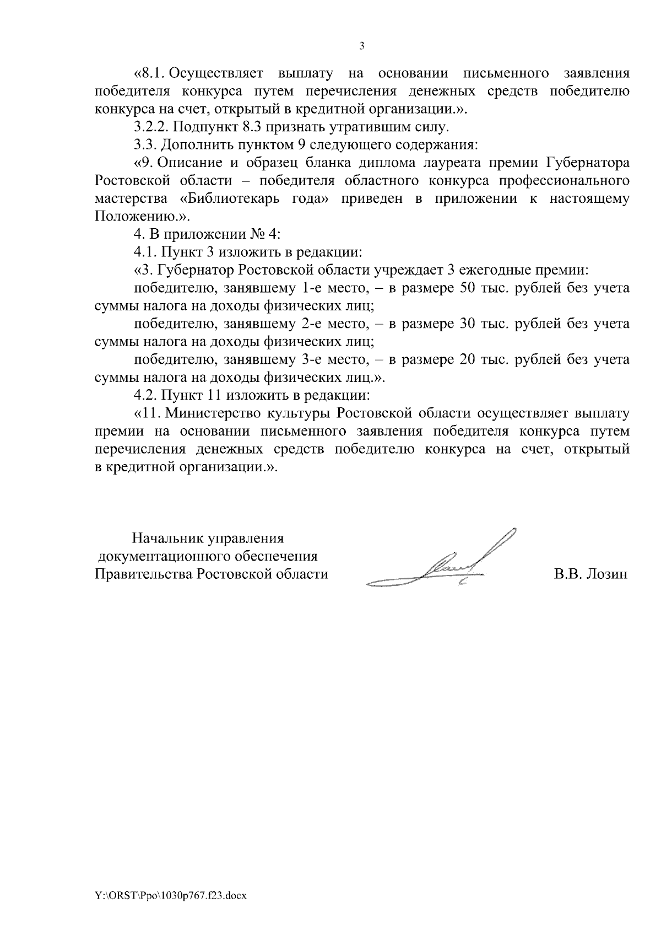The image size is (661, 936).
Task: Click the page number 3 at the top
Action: click(x=361, y=46)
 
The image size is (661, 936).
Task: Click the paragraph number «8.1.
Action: click(x=150, y=73)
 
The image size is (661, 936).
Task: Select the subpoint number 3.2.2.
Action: click(x=151, y=127)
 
